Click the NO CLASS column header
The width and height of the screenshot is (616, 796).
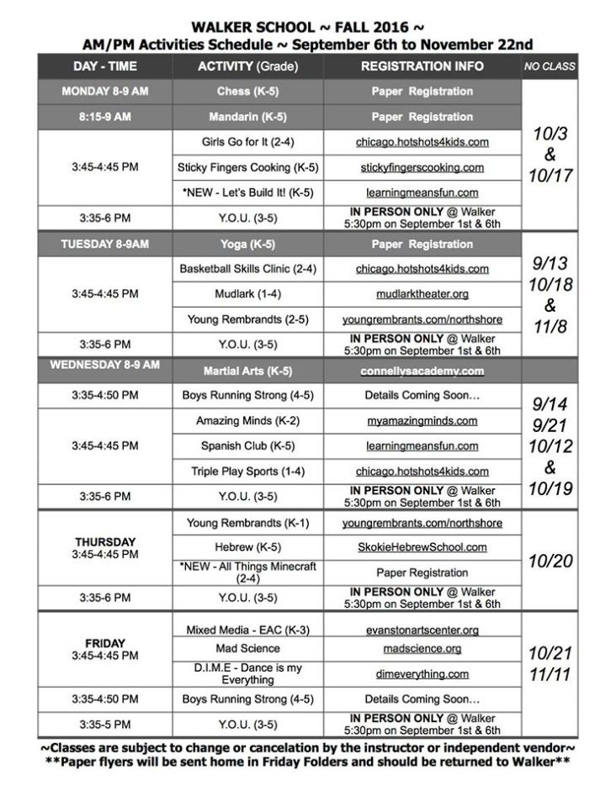[x=550, y=66]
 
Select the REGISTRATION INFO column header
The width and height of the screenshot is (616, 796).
[x=422, y=66]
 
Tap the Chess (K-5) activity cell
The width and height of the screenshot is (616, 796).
[x=246, y=92]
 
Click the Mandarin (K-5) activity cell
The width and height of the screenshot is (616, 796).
[x=246, y=117]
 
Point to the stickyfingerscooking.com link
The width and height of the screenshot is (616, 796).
[x=422, y=168]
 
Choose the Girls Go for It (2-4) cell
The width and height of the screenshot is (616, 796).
[x=246, y=142]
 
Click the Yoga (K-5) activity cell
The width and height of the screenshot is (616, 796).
[x=246, y=245]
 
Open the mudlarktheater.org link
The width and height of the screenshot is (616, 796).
[x=422, y=294]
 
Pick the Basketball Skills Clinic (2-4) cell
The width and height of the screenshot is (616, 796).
[x=246, y=269]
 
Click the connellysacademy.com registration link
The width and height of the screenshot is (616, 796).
[x=422, y=371]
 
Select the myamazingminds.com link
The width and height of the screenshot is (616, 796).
[x=422, y=421]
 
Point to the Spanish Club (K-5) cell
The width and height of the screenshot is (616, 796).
[x=246, y=446]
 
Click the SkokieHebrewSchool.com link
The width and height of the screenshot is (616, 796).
[x=422, y=547]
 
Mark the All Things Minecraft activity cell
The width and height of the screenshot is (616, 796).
[x=246, y=572]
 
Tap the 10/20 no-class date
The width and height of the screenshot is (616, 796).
[x=550, y=561]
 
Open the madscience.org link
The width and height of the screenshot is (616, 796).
[x=422, y=649]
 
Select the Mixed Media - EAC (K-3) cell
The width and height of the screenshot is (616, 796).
[x=246, y=630]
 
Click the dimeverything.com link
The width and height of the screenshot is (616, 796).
[x=422, y=674]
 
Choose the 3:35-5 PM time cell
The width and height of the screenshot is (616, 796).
[x=104, y=725]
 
